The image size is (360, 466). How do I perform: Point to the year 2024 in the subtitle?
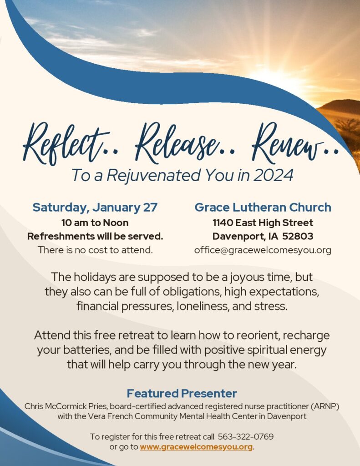tap(273, 175)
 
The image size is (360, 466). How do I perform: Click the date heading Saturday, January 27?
tap(95, 208)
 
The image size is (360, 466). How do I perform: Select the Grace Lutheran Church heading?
tap(263, 207)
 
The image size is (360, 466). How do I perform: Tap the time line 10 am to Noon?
tap(95, 223)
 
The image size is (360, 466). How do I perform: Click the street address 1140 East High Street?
tap(263, 223)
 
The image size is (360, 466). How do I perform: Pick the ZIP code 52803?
tap(298, 236)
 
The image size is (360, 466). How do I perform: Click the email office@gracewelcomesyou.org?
tap(263, 250)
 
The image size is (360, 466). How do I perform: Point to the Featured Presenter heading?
tap(182, 393)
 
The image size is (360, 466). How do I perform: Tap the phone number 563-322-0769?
tap(246, 436)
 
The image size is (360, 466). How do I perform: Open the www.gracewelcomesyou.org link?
tap(196, 447)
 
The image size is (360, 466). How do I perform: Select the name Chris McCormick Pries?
tap(66, 406)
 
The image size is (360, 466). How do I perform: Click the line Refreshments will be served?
tap(95, 236)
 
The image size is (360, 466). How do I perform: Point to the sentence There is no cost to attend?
tap(95, 250)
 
